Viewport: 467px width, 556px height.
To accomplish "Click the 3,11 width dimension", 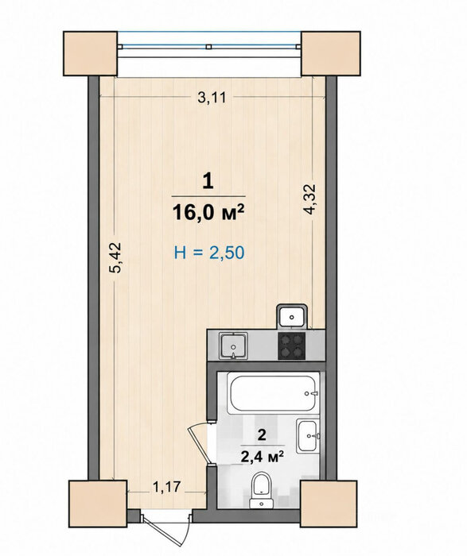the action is click(x=212, y=97).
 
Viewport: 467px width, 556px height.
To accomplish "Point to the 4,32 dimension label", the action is click(x=309, y=199).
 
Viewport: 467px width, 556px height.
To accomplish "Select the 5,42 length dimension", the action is click(x=115, y=258).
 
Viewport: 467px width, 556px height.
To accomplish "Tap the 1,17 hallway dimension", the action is click(x=167, y=487).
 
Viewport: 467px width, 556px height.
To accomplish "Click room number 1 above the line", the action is click(x=208, y=182).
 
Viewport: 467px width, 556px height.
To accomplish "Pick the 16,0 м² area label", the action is click(x=208, y=212).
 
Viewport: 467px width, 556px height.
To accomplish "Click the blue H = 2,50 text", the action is click(x=209, y=253).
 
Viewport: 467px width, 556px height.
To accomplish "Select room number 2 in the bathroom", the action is click(x=262, y=434).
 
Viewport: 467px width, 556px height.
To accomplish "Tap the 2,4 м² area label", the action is click(x=262, y=457).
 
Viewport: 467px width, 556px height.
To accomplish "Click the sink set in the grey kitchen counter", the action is click(x=233, y=346).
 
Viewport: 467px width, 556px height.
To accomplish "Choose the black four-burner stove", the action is click(x=291, y=346).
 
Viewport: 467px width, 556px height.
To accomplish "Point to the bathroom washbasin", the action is click(x=309, y=435).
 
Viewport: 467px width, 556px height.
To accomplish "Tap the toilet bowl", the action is click(x=262, y=490).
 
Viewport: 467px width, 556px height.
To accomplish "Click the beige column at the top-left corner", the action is click(x=90, y=53).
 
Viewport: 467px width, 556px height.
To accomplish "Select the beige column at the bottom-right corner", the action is click(x=329, y=504).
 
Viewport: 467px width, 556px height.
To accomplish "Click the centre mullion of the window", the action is click(x=208, y=46).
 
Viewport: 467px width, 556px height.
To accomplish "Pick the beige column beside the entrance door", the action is click(x=98, y=504).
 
